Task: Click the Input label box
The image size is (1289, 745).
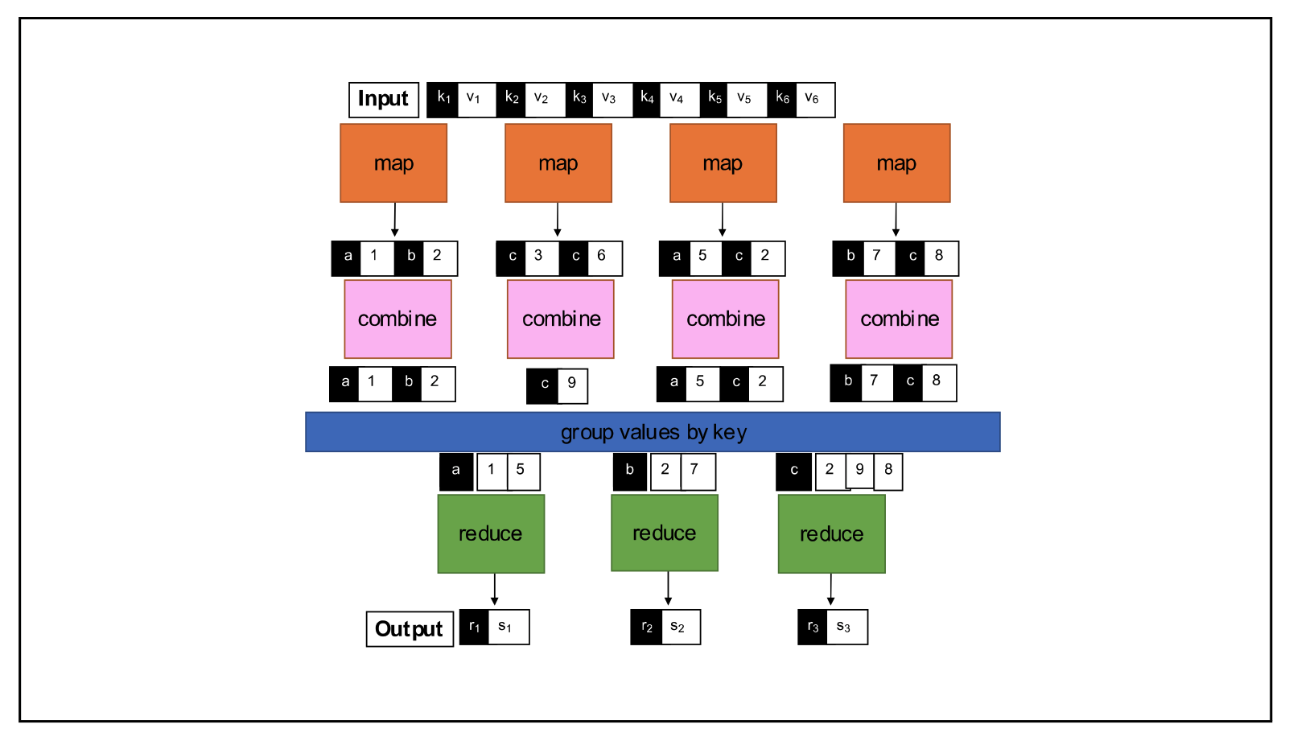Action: (x=384, y=100)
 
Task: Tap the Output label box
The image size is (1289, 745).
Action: (x=410, y=629)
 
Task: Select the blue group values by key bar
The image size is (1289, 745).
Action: (x=653, y=432)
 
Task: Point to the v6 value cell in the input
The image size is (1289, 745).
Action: (x=814, y=100)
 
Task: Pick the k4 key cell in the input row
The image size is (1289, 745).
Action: (x=647, y=100)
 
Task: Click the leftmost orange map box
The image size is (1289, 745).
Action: (x=393, y=163)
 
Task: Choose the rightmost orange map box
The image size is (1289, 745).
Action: (x=896, y=163)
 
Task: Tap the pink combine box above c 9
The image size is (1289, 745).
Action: (x=561, y=319)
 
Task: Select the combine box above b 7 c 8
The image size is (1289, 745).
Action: (x=899, y=319)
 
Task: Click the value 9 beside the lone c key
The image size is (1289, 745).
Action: (x=572, y=385)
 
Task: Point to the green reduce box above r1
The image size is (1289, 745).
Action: (x=491, y=533)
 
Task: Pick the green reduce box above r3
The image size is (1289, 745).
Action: (x=831, y=533)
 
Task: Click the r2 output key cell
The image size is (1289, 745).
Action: (x=646, y=628)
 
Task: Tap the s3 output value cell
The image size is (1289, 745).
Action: (x=846, y=628)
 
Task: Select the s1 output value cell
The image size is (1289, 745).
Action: (x=507, y=628)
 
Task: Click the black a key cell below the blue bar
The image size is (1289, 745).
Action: (x=456, y=471)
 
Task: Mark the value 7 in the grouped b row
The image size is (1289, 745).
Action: (x=696, y=471)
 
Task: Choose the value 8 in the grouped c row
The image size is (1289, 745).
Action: (x=888, y=471)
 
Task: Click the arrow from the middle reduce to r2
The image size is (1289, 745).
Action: (x=668, y=589)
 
